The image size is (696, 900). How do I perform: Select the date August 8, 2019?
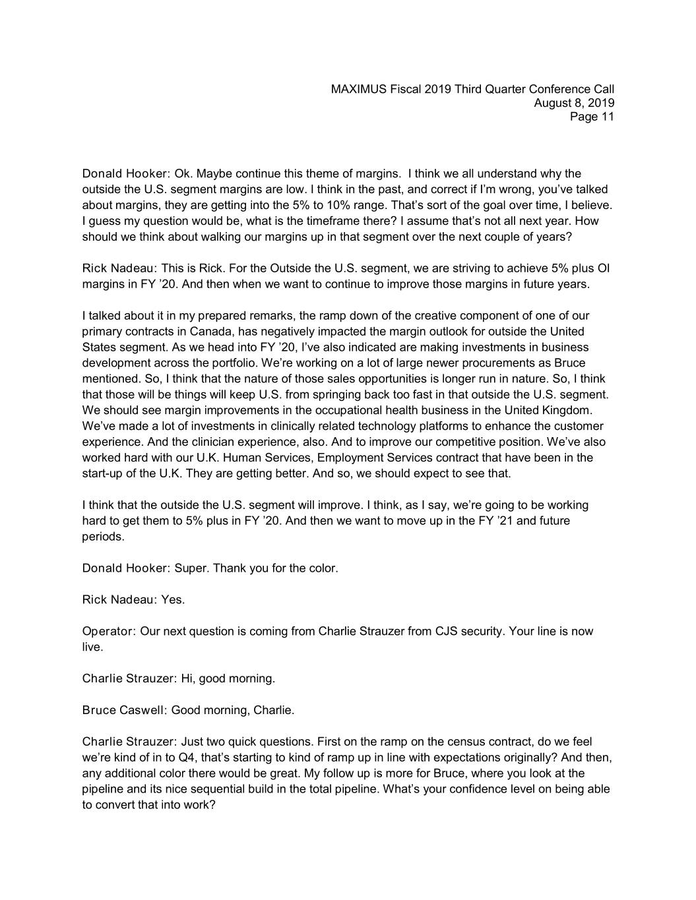[574, 103]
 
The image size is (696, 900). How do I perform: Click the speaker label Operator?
[109, 631]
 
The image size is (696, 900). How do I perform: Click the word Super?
[190, 568]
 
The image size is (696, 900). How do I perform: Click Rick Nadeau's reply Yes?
[173, 599]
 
